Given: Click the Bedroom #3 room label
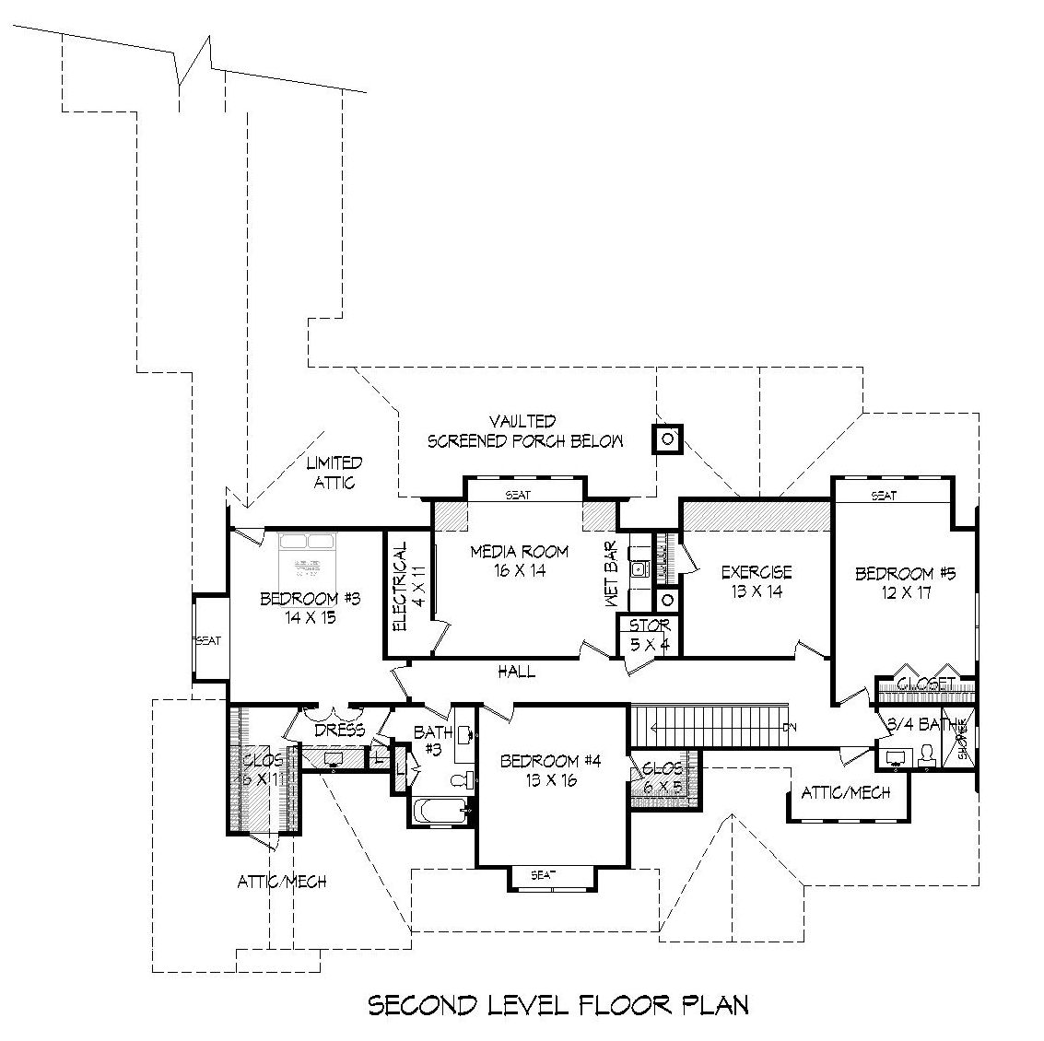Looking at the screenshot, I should pyautogui.click(x=297, y=608).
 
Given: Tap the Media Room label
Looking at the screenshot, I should pyautogui.click(x=520, y=561).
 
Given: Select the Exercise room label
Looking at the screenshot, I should pyautogui.click(x=756, y=581).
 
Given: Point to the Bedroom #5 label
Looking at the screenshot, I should pyautogui.click(x=905, y=583).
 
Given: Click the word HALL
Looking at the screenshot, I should pyautogui.click(x=517, y=673).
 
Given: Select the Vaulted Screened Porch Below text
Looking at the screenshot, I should pyautogui.click(x=524, y=432).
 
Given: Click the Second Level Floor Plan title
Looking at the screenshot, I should pyautogui.click(x=558, y=1004).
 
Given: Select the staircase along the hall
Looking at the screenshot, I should pyautogui.click(x=710, y=727).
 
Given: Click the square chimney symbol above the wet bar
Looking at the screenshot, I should pyautogui.click(x=667, y=439).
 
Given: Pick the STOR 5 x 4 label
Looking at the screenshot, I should pyautogui.click(x=649, y=635).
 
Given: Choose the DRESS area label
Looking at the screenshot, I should pyautogui.click(x=339, y=730).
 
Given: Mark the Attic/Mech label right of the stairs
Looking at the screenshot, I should pyautogui.click(x=846, y=791).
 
